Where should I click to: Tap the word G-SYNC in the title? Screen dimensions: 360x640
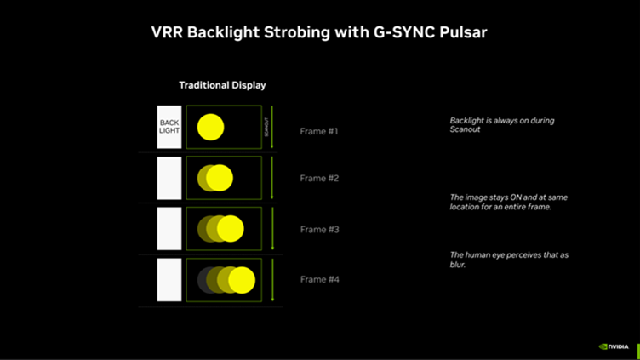pos(403,32)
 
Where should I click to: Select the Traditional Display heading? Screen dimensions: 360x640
pos(222,85)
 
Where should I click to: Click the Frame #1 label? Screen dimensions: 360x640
pos(319,132)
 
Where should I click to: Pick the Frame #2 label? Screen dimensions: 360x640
pos(319,179)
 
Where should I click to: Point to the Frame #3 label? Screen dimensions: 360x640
pos(319,230)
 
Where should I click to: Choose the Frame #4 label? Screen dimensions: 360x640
pos(319,280)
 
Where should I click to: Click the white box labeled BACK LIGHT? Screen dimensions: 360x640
pos(169,127)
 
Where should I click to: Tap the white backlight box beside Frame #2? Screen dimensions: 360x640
pos(169,178)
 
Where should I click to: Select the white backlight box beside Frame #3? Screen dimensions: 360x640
pos(169,229)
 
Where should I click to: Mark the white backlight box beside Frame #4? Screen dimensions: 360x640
pos(169,280)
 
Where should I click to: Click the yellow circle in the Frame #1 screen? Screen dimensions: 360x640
pos(210,128)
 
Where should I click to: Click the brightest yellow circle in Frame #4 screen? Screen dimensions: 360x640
pos(242,280)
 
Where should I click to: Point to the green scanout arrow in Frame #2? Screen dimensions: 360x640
pos(271,178)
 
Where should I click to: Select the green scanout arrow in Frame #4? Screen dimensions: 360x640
pos(271,280)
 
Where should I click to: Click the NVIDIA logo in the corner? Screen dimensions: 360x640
pos(614,347)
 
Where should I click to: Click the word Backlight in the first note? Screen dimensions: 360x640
pos(467,121)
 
